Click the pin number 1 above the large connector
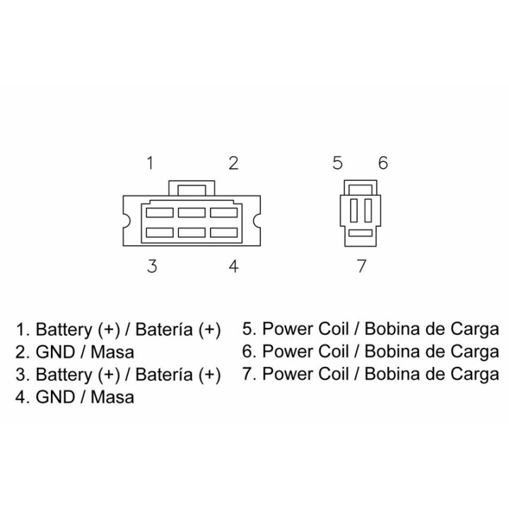150,163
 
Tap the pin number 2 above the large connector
233,163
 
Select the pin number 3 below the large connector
152,267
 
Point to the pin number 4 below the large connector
234,267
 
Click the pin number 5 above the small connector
338,163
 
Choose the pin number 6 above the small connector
383,163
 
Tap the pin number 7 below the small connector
361,266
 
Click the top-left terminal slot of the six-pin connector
160,213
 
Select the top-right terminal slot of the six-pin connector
224,213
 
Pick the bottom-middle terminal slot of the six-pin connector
192,233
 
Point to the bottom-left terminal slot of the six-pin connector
160,233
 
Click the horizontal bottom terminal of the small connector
361,233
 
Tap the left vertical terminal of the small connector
353,211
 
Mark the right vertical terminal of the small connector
368,211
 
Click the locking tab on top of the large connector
192,188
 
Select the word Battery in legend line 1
64,330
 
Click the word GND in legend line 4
55,397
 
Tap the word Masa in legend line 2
112,352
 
